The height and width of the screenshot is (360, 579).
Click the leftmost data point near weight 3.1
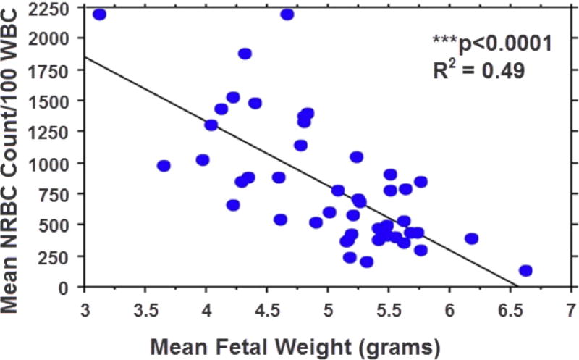100,14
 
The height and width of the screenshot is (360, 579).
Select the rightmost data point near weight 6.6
526,271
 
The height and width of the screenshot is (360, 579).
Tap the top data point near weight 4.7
287,14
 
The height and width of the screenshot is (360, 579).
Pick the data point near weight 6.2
472,238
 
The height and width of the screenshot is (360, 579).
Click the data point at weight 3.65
164,166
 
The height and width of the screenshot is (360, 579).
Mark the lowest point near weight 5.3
367,262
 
